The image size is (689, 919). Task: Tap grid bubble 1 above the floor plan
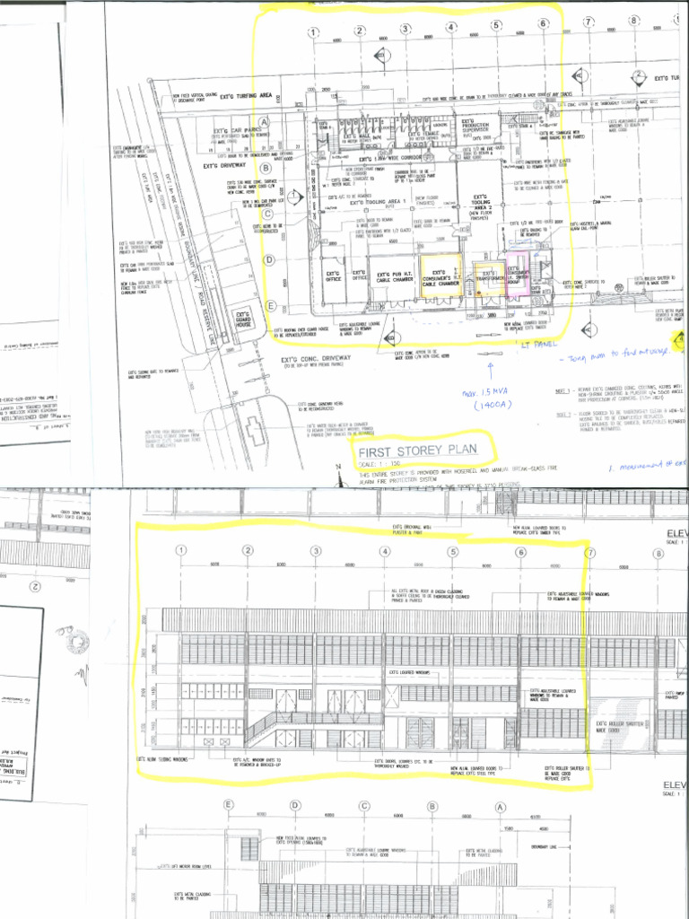point(314,33)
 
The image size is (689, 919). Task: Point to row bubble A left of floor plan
point(265,122)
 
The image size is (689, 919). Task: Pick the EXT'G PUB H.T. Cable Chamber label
point(395,276)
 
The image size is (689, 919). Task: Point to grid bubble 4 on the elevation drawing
point(385,550)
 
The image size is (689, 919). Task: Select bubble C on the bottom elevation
point(363,806)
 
